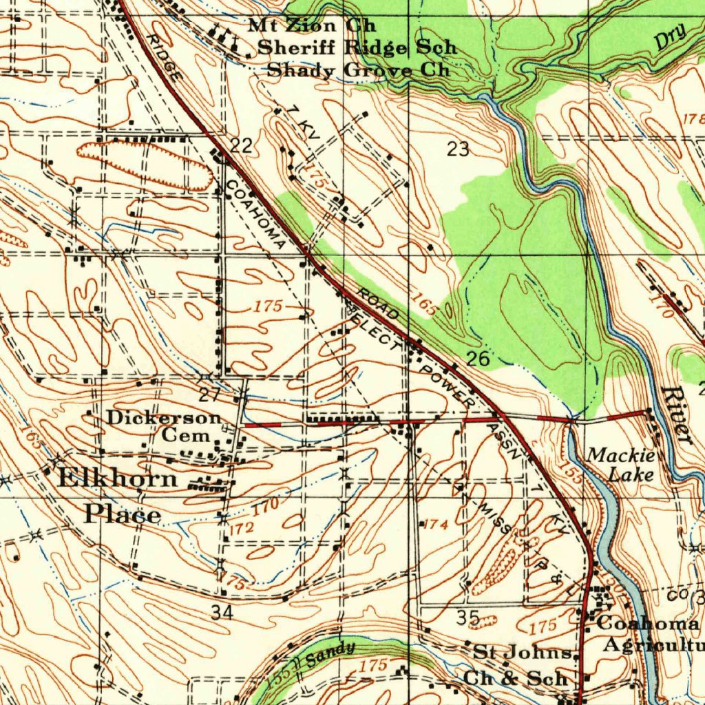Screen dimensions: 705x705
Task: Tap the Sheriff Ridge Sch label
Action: tap(357, 48)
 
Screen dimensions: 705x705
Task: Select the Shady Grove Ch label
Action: tap(358, 70)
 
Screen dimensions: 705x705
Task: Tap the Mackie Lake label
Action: tap(620, 465)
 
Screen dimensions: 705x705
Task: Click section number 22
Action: tap(241, 145)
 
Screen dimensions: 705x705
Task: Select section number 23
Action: tap(458, 149)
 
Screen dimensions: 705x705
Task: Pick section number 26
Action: tap(477, 358)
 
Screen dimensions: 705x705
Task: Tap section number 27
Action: tap(209, 395)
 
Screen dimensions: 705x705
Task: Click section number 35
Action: tap(468, 618)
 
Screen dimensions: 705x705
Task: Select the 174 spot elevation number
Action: tap(436, 525)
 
